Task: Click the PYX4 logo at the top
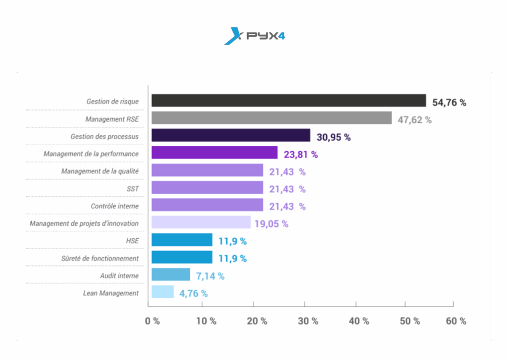(254, 36)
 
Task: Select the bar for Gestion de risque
(288, 100)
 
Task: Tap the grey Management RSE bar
(271, 118)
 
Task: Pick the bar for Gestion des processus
(231, 135)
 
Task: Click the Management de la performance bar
(214, 153)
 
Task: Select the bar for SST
(207, 187)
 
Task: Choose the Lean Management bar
(163, 292)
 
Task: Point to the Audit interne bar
(170, 274)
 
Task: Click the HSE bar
(182, 240)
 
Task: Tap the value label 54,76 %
(449, 102)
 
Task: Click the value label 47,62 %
(415, 120)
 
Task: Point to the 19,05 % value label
(271, 224)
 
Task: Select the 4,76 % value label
(193, 293)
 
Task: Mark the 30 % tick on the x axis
(308, 321)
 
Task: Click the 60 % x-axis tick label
(456, 321)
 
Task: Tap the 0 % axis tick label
(152, 321)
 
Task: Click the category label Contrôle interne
(115, 206)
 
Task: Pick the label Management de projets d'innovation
(84, 223)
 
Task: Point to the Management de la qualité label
(100, 171)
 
